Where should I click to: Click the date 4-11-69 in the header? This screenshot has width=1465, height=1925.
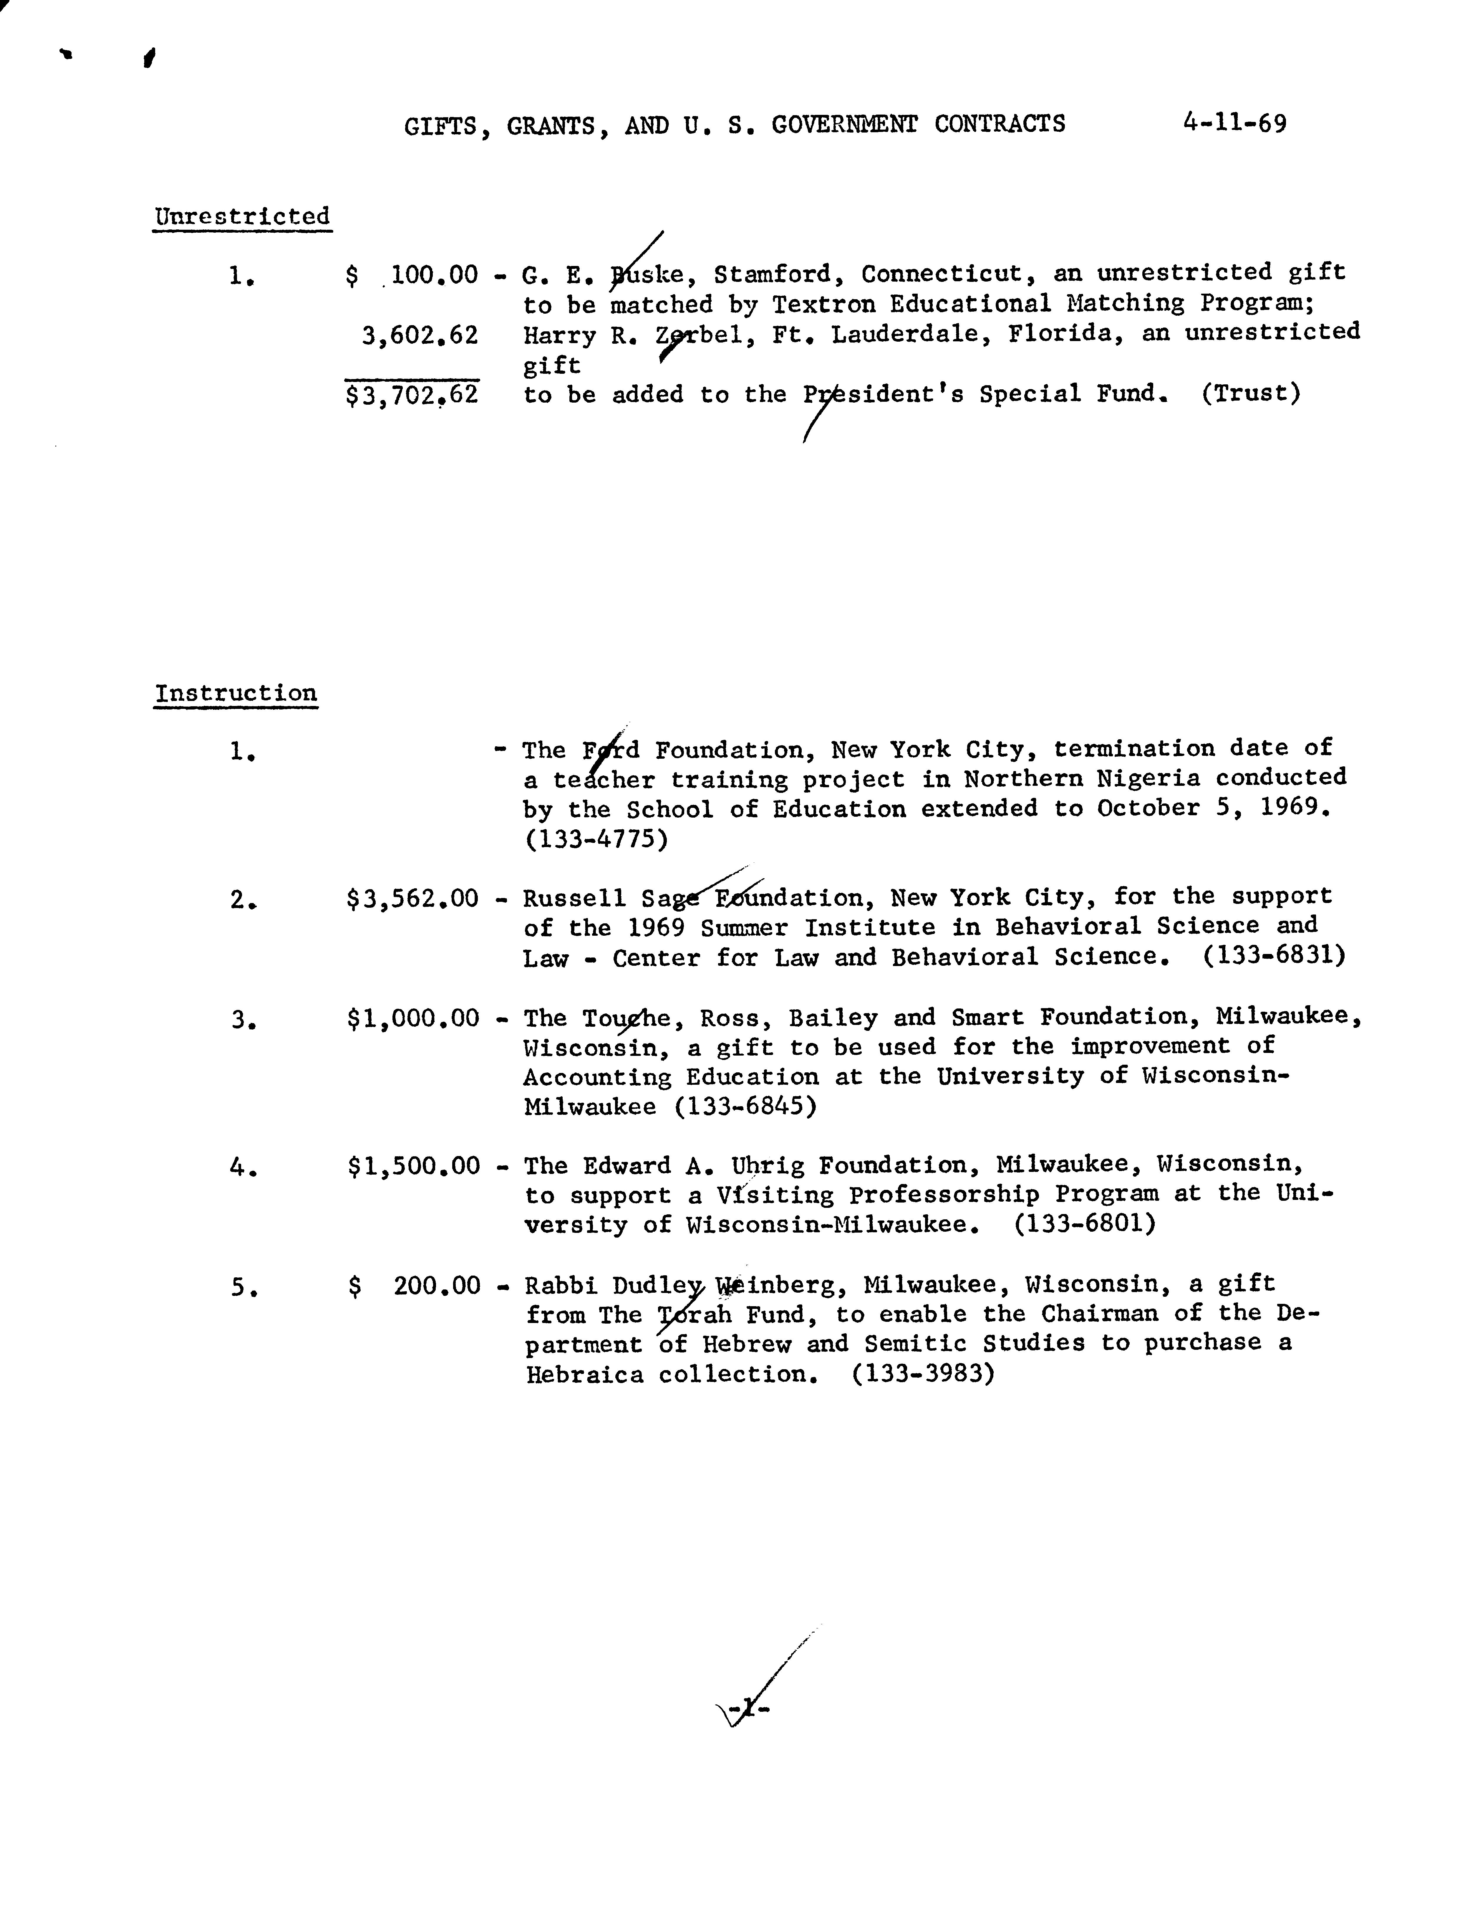click(x=1234, y=123)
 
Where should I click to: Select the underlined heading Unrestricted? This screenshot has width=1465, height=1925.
click(x=242, y=216)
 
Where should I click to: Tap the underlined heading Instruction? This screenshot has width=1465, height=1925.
click(x=236, y=693)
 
